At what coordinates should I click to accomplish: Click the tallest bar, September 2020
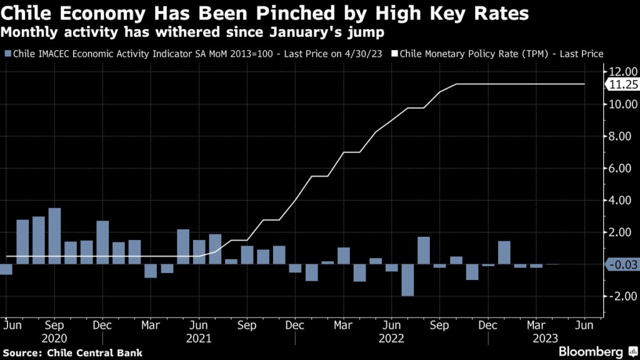pos(54,236)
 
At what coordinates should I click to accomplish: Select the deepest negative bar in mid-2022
pos(407,280)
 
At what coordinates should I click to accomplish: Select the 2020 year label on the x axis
pos(54,339)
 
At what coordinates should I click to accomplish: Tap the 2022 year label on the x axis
pos(391,339)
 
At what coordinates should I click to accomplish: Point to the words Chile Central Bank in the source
pos(94,353)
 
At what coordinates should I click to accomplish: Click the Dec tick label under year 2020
pos(102,326)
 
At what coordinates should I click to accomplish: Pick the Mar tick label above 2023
pos(536,326)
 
